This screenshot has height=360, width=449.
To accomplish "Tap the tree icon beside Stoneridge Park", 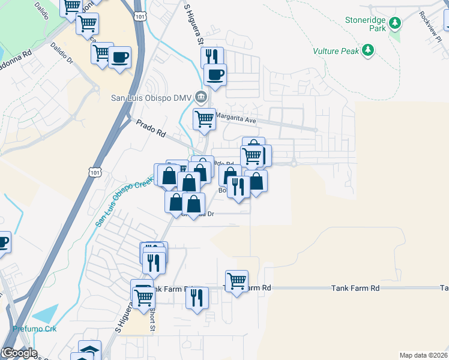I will coord(394,23).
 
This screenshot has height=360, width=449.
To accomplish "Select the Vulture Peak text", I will coord(336,51).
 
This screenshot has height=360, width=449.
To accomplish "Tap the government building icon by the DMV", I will coord(201,97).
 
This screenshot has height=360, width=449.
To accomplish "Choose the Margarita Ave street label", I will coord(236,121).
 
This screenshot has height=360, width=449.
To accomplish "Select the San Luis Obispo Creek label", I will coord(120,201).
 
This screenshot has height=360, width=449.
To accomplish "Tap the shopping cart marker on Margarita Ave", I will coord(204,119).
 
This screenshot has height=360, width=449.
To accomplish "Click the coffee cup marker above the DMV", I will coord(215,75).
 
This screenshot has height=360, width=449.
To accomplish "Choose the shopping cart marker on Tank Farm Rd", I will coord(237,281).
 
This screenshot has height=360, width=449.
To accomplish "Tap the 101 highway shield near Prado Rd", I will coord(95,172).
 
